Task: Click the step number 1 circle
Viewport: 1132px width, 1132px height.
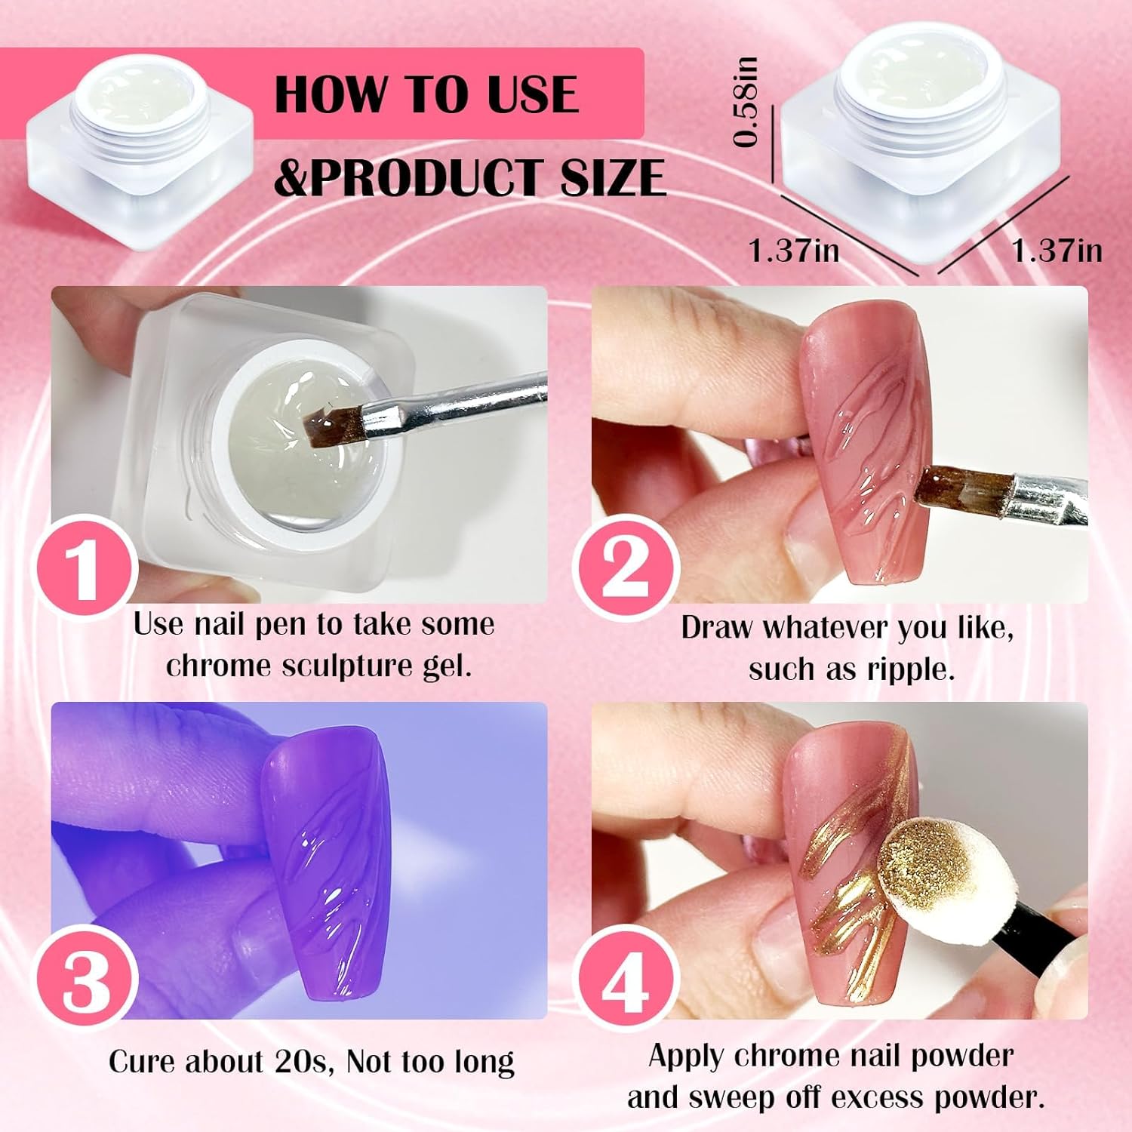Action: pos(85,566)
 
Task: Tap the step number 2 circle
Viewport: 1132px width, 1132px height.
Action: pos(626,566)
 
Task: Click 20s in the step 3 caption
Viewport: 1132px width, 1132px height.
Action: pos(309,1062)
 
